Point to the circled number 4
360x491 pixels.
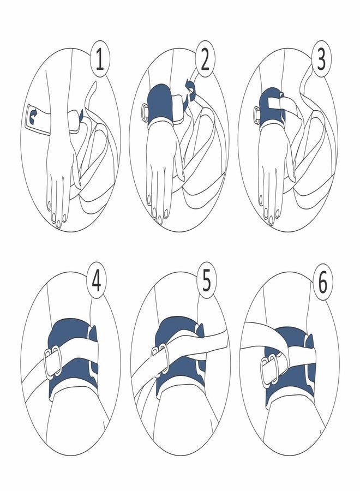(96, 284)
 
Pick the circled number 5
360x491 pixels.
(206, 284)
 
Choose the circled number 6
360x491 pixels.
(322, 284)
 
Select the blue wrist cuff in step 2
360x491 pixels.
(164, 104)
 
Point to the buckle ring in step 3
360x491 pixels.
(256, 114)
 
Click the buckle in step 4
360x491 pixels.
(53, 362)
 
